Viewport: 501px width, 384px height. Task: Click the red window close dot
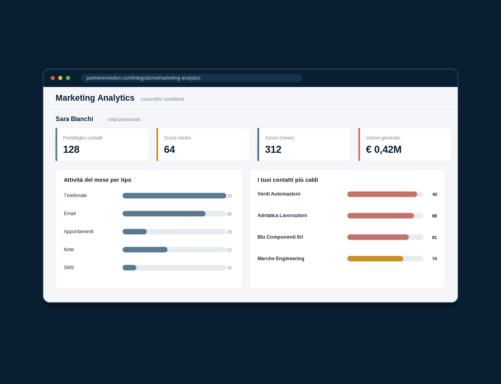tap(52, 78)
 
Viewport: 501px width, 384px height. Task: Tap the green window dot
tap(68, 78)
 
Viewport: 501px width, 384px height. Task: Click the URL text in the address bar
tap(143, 78)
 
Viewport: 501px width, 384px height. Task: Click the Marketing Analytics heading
tap(95, 98)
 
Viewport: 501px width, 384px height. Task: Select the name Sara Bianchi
tap(74, 119)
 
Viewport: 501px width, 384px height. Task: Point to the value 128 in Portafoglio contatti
tap(71, 149)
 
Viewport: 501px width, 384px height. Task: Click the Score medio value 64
tap(169, 149)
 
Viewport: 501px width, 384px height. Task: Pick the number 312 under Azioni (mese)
tap(273, 149)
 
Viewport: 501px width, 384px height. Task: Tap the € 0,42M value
tap(384, 149)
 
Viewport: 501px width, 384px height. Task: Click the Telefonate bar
tap(174, 196)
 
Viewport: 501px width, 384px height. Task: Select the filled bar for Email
tap(164, 214)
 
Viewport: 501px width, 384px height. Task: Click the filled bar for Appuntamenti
tap(135, 232)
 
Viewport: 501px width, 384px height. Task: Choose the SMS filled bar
tap(129, 268)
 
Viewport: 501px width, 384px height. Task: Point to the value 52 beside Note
tap(229, 250)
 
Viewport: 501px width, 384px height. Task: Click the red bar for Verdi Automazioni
tap(382, 194)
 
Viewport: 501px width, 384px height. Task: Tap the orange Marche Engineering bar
tap(375, 259)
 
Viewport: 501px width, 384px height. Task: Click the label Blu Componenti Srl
tap(280, 237)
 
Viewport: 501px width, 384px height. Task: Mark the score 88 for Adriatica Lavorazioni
tap(434, 216)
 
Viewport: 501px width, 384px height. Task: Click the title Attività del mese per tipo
tap(97, 180)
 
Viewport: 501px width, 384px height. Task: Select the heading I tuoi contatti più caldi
tap(288, 180)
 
